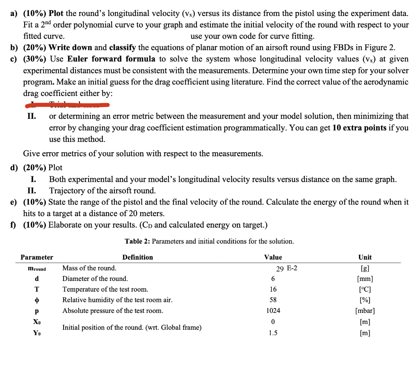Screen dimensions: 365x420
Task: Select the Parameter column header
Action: click(x=37, y=257)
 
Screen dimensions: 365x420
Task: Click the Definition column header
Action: click(x=137, y=257)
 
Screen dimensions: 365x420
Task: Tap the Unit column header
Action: click(x=365, y=257)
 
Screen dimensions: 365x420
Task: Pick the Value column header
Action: click(x=273, y=257)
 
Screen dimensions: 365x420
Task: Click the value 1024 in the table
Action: click(x=273, y=310)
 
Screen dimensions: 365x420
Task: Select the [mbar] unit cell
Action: click(x=365, y=310)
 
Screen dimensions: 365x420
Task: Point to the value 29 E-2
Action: click(x=287, y=269)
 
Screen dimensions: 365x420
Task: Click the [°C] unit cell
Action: click(x=365, y=289)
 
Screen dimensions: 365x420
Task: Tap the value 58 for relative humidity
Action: click(x=273, y=300)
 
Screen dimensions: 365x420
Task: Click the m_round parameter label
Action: click(x=37, y=269)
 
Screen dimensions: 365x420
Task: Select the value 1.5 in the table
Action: click(x=273, y=333)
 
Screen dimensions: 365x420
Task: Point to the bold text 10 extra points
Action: click(x=359, y=128)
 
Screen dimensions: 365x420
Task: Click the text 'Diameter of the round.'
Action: click(x=95, y=278)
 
